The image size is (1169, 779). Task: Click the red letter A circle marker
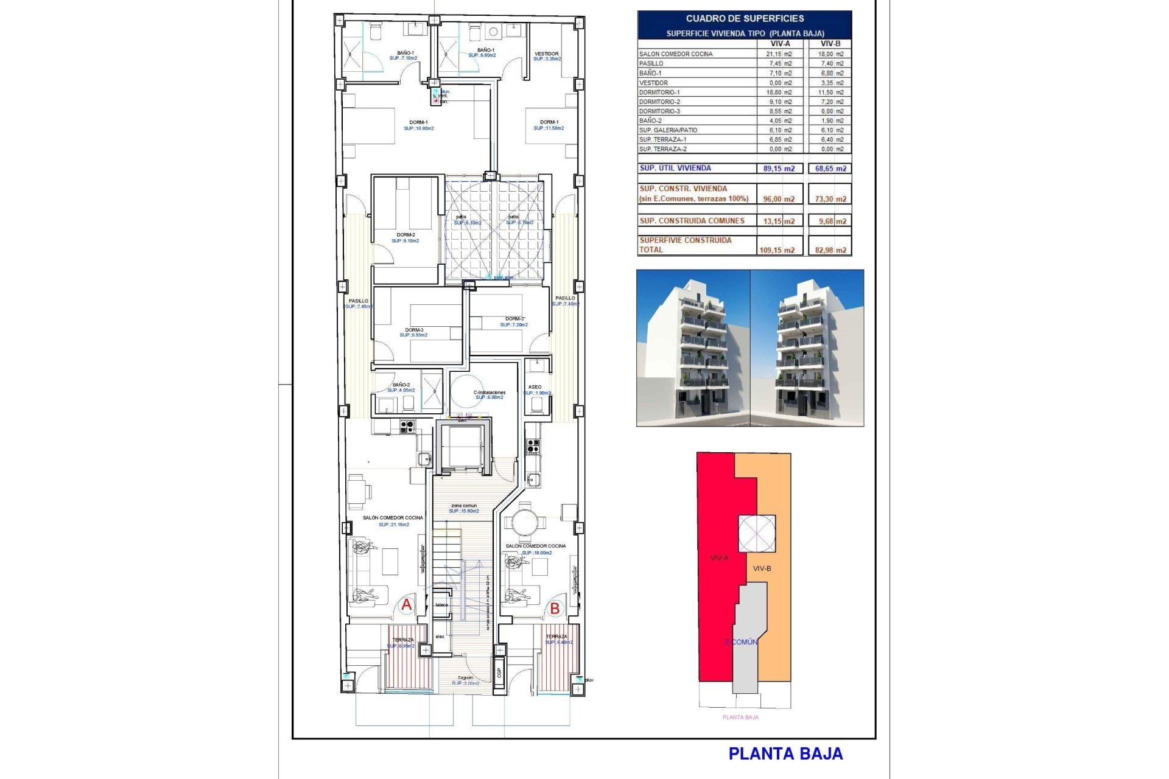click(406, 605)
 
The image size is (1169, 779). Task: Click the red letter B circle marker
click(555, 608)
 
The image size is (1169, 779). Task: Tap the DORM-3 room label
click(414, 330)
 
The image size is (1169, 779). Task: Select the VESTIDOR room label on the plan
click(546, 54)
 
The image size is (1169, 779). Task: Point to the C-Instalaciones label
click(489, 393)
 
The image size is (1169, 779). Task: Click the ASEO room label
click(535, 387)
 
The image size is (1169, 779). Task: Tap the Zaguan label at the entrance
click(465, 677)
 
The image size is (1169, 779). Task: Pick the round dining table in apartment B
click(524, 522)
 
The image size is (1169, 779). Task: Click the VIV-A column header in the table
click(780, 44)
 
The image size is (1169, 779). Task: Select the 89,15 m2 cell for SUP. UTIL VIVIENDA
click(779, 169)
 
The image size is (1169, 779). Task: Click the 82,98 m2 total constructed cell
click(830, 250)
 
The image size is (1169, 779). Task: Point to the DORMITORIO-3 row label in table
click(659, 111)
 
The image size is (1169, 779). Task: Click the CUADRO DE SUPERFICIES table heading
click(745, 19)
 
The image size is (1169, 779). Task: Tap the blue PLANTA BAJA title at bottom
click(785, 754)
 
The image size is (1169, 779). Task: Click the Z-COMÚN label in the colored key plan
click(741, 642)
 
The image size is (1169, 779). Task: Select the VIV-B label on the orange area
click(762, 568)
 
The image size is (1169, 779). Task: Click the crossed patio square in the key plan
click(757, 534)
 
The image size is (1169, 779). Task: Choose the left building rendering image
click(693, 348)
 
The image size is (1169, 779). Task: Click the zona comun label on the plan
click(464, 506)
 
